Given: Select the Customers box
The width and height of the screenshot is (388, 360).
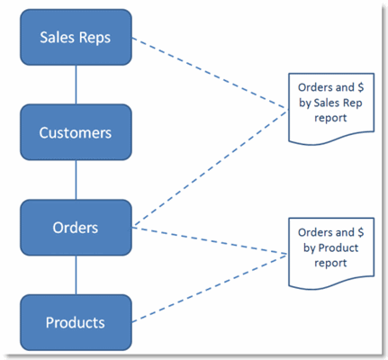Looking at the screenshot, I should (x=76, y=132).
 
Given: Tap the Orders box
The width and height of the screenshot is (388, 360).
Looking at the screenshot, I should (x=76, y=227).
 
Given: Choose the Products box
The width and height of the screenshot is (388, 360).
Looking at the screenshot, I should (x=76, y=321).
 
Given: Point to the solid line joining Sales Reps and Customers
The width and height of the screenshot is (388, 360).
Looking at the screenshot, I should (x=76, y=85).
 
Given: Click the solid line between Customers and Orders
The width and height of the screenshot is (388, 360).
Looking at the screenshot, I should (x=76, y=179).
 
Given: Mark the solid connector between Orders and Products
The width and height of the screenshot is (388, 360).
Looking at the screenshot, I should (x=76, y=274).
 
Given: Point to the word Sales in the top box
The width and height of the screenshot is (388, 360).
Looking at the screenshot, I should (x=59, y=38).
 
